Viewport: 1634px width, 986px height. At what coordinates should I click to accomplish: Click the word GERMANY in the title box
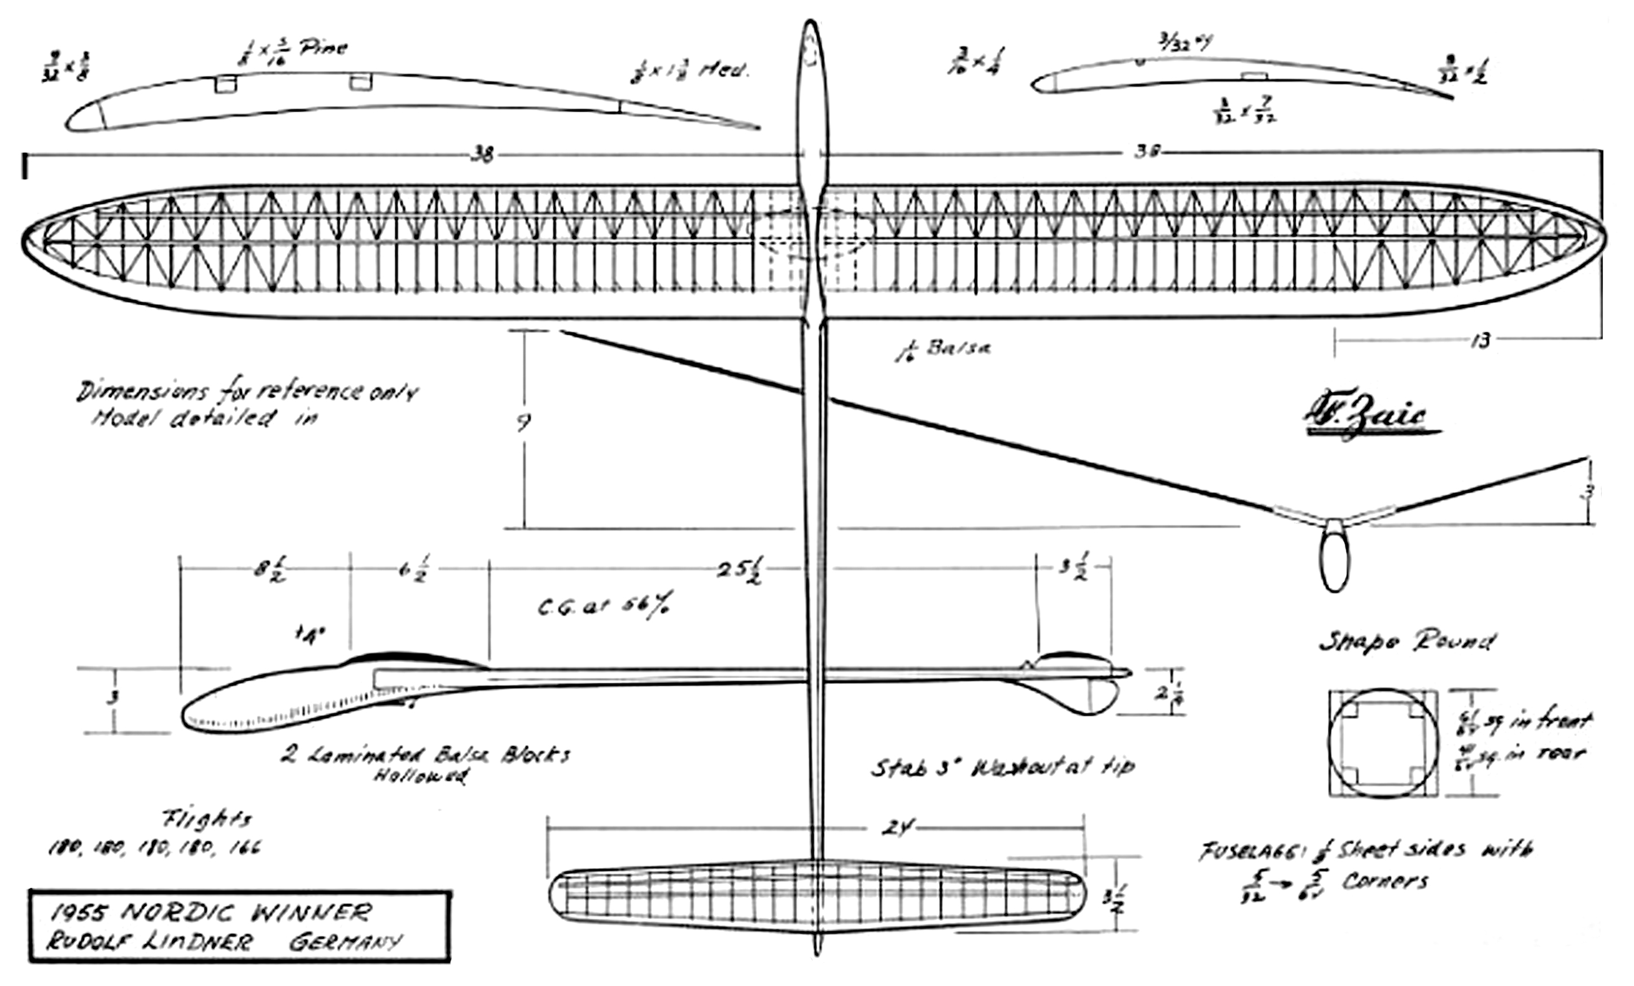click(x=345, y=941)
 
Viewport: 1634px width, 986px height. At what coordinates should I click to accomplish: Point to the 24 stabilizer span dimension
click(x=896, y=829)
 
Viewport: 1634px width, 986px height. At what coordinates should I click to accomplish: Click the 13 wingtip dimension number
click(x=1480, y=340)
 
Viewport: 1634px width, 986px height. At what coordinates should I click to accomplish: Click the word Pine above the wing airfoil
click(x=322, y=49)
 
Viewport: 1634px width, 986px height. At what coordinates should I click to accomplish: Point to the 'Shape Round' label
click(x=1406, y=641)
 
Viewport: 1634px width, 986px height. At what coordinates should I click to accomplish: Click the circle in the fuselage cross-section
click(x=1383, y=743)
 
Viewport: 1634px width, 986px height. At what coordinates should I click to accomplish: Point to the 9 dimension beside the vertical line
click(x=524, y=422)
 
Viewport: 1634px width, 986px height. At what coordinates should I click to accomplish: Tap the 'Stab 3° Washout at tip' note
click(x=1002, y=768)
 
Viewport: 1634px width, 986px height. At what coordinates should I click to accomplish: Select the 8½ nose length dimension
click(x=270, y=570)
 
